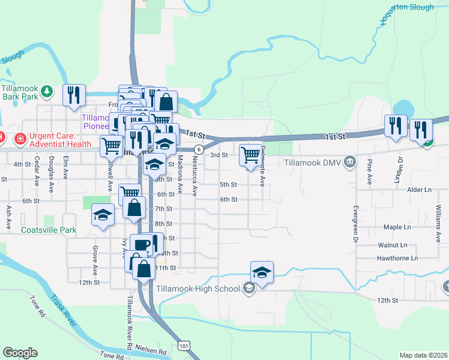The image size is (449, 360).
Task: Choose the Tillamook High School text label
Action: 197,289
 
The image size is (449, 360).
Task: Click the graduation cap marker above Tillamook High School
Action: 262,272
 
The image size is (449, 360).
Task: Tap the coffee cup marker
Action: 142,244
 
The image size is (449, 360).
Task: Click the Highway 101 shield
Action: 184,346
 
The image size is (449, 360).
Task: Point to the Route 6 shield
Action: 199,149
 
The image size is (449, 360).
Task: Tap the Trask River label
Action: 63,310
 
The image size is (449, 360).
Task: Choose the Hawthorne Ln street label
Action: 397,259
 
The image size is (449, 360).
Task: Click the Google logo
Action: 20,352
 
